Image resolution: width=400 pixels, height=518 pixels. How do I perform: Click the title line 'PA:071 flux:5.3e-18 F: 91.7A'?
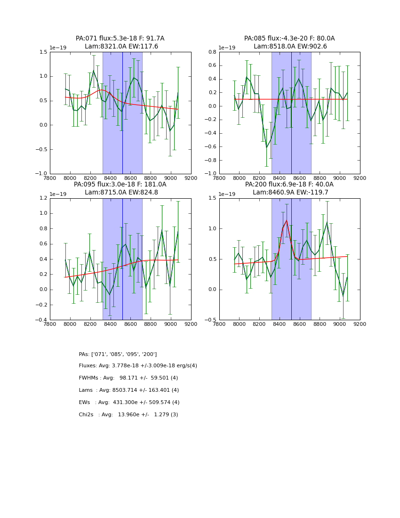(x=120, y=39)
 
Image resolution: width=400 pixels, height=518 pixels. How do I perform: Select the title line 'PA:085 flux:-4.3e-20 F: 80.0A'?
(x=289, y=39)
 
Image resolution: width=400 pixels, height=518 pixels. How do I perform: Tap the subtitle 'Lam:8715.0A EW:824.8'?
(x=120, y=193)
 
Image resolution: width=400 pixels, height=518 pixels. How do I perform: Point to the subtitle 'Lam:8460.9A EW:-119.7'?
(x=289, y=193)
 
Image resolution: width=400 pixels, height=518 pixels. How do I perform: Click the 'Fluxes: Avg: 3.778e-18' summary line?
(x=138, y=366)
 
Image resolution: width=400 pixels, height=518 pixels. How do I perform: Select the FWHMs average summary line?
(x=128, y=378)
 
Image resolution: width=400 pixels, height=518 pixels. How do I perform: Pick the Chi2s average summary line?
(x=128, y=415)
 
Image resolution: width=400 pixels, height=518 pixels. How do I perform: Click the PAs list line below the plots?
(x=118, y=354)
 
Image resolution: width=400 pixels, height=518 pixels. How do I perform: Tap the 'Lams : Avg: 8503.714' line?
(x=129, y=390)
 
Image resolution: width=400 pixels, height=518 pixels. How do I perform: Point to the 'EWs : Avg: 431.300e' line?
(x=129, y=403)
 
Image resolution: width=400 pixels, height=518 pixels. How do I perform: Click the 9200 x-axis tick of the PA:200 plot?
(x=360, y=324)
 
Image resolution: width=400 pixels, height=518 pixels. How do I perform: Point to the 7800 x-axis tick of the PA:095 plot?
(x=50, y=324)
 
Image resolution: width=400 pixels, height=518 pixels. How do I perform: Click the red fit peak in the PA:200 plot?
(x=286, y=220)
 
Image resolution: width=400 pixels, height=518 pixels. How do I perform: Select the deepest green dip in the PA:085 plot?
(x=266, y=147)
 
